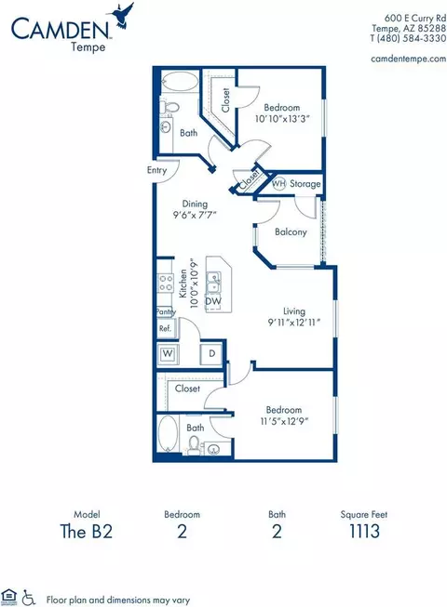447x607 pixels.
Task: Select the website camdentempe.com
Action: [409, 59]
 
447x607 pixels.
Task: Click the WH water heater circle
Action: [278, 183]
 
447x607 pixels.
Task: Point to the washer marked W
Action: [168, 354]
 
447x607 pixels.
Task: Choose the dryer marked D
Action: [211, 353]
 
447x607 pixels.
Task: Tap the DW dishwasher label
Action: [213, 301]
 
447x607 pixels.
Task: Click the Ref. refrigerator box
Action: [166, 328]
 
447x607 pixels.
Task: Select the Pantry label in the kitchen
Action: [166, 311]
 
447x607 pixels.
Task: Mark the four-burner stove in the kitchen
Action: [165, 283]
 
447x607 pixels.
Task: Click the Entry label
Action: [156, 170]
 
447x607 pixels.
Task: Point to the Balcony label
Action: [291, 231]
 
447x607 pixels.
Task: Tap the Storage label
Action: [305, 183]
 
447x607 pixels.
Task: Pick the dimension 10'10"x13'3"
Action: [282, 118]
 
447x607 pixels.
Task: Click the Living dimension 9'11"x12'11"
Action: [294, 322]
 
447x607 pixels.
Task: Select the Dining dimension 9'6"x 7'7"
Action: [195, 215]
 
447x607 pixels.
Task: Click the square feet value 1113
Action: [364, 531]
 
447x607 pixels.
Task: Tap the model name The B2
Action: [86, 531]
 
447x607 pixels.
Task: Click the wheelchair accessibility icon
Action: [28, 597]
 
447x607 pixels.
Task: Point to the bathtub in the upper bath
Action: [180, 81]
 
